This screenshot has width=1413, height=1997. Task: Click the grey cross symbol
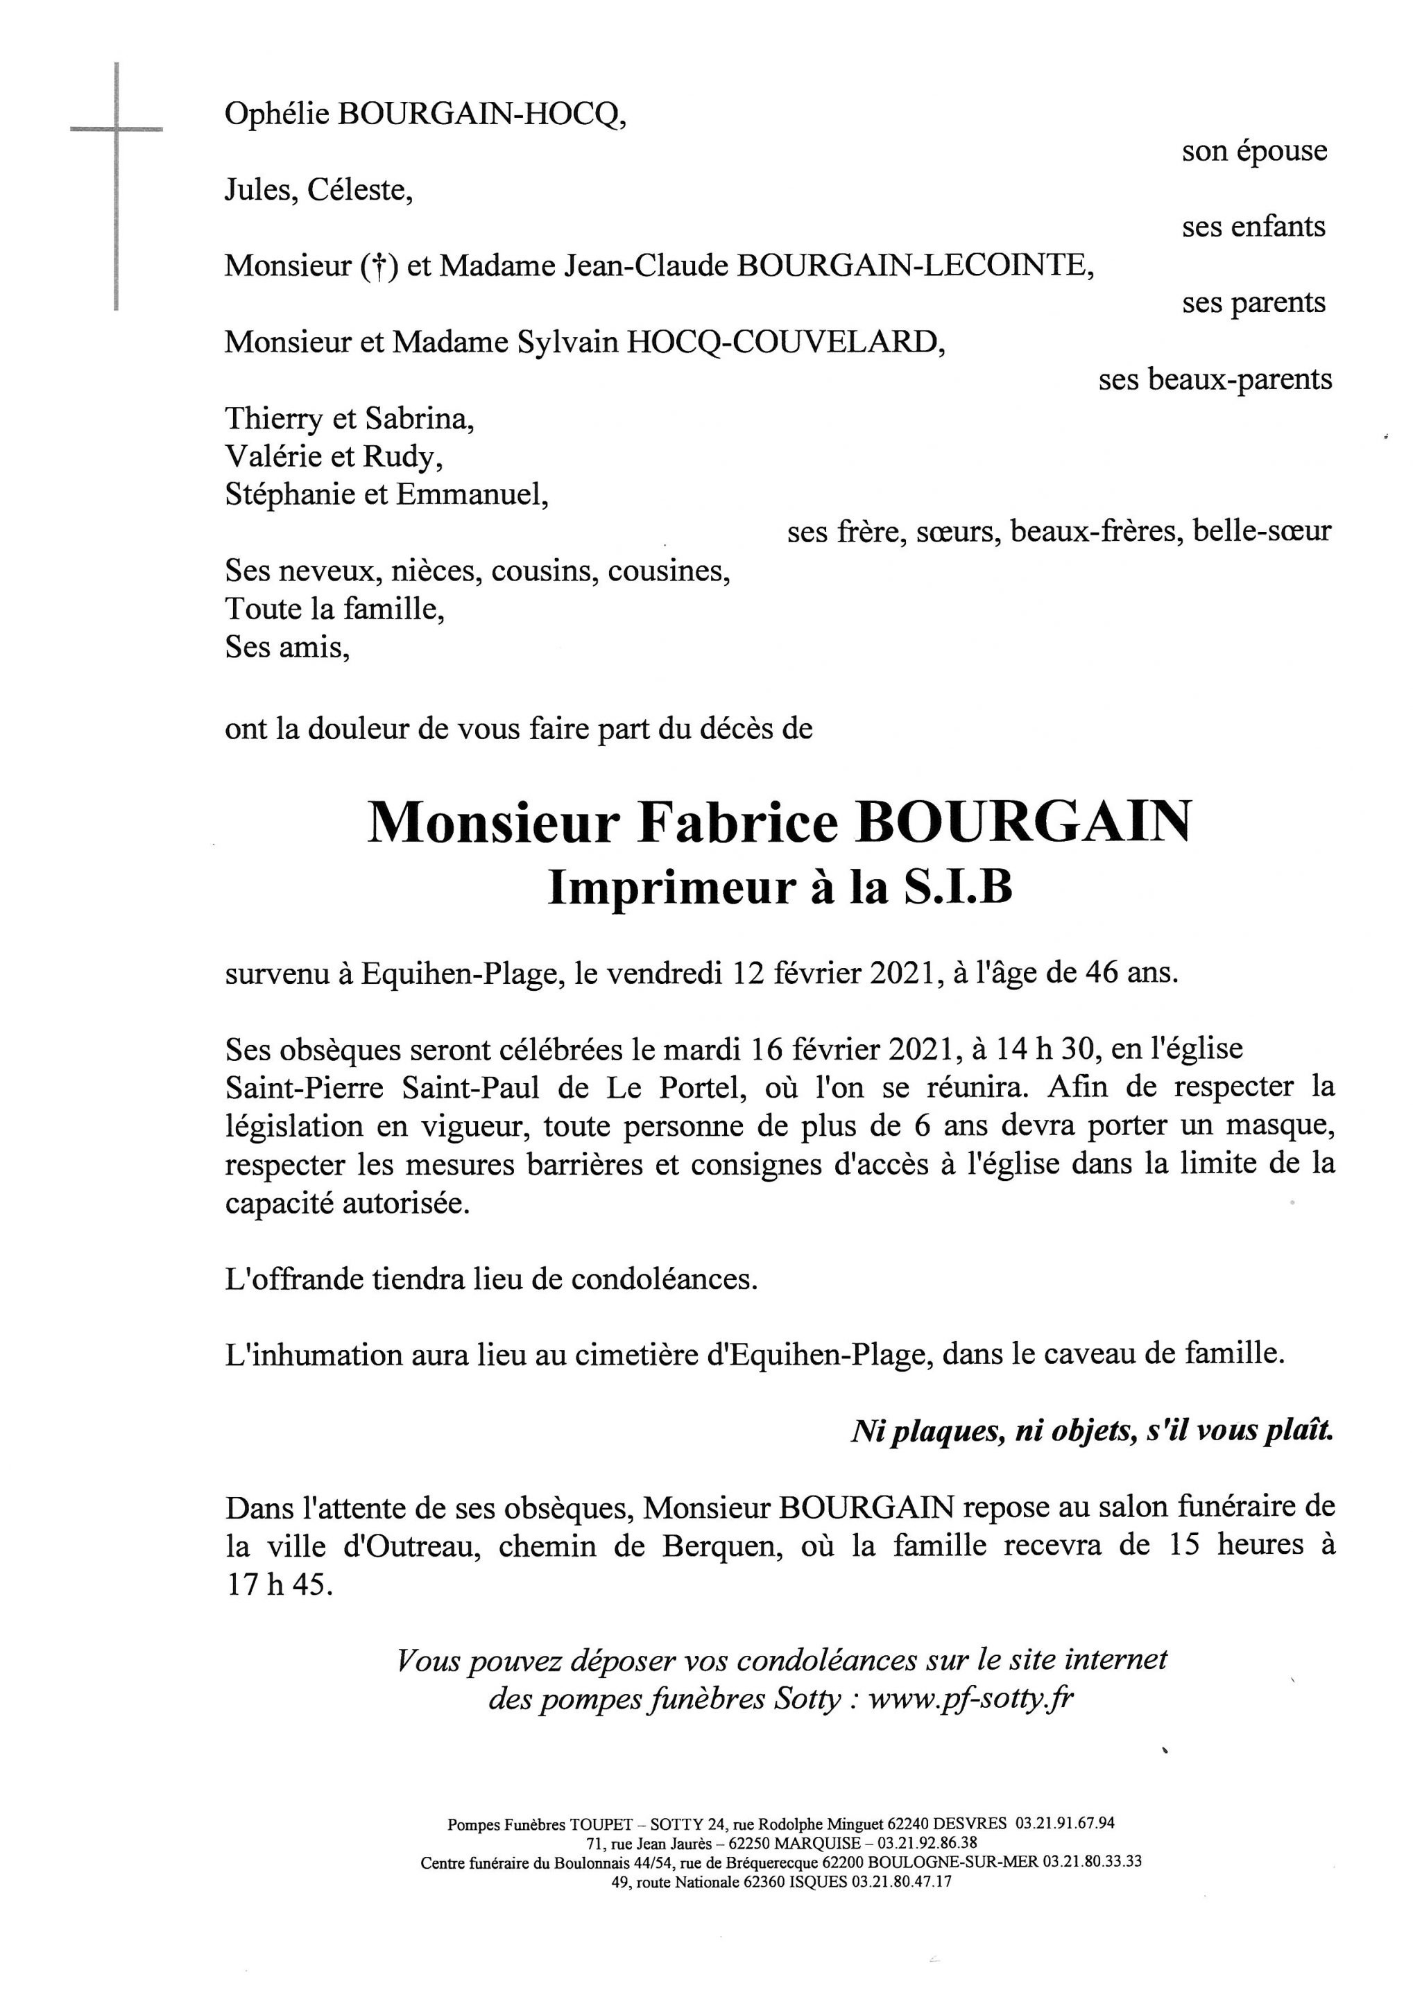pos(116,130)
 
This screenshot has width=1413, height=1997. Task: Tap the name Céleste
pos(358,189)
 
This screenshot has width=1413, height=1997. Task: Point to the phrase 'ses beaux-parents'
pos(1215,380)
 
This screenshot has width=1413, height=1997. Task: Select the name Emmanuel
pos(472,495)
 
